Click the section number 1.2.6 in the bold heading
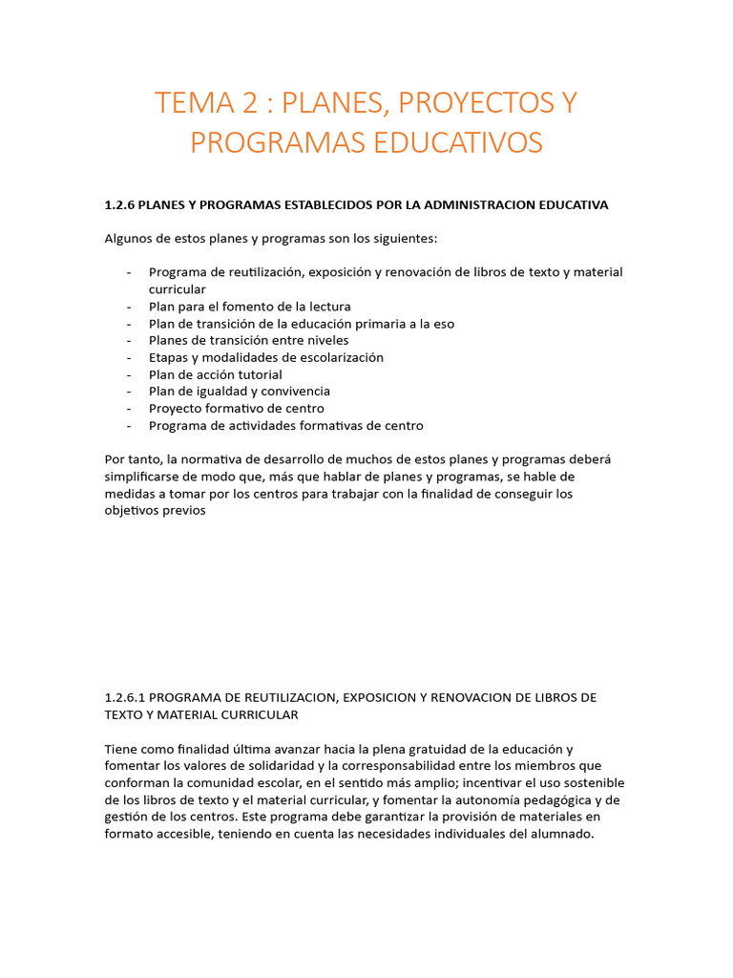pos(121,205)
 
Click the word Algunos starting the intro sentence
pos(129,238)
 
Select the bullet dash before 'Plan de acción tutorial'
pos(129,374)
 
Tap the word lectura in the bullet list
pos(327,307)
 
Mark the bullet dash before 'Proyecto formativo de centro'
pos(129,409)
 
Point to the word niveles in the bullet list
pos(326,340)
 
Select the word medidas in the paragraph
pos(129,494)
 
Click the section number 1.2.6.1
pos(125,697)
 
